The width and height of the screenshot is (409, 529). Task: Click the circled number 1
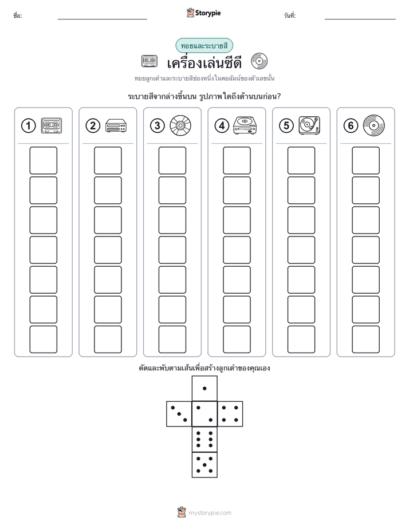pos(28,126)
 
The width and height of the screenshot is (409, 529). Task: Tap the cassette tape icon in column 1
pos(52,126)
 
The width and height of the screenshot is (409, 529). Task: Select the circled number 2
pos(93,126)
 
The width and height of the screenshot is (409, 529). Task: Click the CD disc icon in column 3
pos(180,125)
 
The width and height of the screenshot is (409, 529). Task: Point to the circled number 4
pos(222,126)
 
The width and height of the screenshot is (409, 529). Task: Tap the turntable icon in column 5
pos(309,125)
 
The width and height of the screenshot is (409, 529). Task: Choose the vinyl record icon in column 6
pos(373,125)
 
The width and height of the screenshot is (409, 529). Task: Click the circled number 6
pos(351,126)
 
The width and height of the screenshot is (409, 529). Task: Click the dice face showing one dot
pos(204,388)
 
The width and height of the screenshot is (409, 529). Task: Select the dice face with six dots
pos(204,439)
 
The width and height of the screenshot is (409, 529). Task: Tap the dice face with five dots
pos(204,465)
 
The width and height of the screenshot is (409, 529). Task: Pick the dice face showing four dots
pos(230,414)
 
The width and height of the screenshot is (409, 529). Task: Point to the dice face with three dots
pos(179,414)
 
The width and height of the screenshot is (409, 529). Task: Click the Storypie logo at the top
pos(203,13)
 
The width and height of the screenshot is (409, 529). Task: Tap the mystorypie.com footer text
pos(210,513)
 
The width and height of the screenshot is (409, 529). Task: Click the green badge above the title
pos(204,46)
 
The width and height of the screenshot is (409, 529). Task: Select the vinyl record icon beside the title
pos(259,61)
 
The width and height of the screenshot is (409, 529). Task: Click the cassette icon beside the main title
pos(149,61)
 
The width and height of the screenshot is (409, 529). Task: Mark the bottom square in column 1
pos(43,339)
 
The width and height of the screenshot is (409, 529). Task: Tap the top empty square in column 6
pos(365,160)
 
